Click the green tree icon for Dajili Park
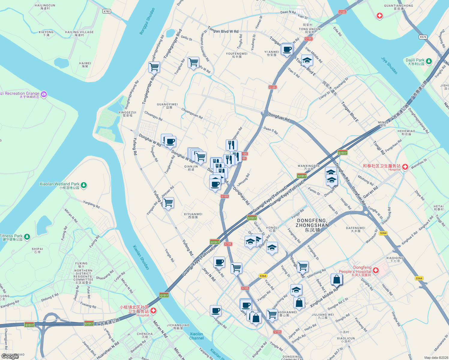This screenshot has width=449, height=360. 429,61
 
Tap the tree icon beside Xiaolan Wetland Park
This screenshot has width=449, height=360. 84,185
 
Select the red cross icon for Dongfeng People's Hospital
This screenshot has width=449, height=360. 375,271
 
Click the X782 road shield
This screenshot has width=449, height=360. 107,11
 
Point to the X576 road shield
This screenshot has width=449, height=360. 423,37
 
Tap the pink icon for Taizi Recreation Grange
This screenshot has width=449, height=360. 44,94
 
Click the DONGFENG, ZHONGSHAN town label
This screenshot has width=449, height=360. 312,223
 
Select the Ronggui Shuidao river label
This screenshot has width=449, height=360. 147,21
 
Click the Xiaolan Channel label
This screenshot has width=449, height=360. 196,336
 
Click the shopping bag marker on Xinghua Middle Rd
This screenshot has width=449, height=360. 337,280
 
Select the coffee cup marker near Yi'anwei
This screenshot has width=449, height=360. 287,49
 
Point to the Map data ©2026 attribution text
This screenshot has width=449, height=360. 435,358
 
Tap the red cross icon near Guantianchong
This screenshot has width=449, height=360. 380,16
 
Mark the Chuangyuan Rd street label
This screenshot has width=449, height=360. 192,113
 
